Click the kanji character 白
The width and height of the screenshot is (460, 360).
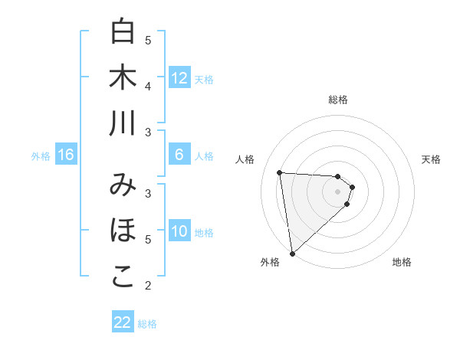tap(123, 31)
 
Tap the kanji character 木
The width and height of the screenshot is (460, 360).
tap(123, 77)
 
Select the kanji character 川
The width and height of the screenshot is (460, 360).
tap(123, 123)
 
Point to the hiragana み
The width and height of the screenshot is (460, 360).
tap(123, 185)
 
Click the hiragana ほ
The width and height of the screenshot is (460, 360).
tap(123, 231)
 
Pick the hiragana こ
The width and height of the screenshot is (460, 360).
tap(123, 277)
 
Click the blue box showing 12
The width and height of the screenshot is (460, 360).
tap(179, 77)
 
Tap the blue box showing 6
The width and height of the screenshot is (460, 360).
tap(179, 155)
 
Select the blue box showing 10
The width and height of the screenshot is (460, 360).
tap(179, 231)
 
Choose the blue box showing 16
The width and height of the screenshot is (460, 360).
tap(66, 155)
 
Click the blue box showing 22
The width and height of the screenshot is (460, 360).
tap(123, 322)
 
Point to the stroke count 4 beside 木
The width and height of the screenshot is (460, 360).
tap(148, 86)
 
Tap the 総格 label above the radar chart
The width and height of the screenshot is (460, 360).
tap(338, 100)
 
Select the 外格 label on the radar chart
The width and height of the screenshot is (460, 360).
tap(270, 262)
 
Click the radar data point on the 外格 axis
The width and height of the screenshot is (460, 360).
tap(292, 253)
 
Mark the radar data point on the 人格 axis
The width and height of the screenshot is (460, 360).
tap(280, 172)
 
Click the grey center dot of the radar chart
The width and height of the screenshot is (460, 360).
tap(337, 201)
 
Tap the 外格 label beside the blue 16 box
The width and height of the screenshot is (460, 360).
tap(41, 156)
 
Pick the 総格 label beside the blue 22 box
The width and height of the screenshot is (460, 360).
tap(147, 324)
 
